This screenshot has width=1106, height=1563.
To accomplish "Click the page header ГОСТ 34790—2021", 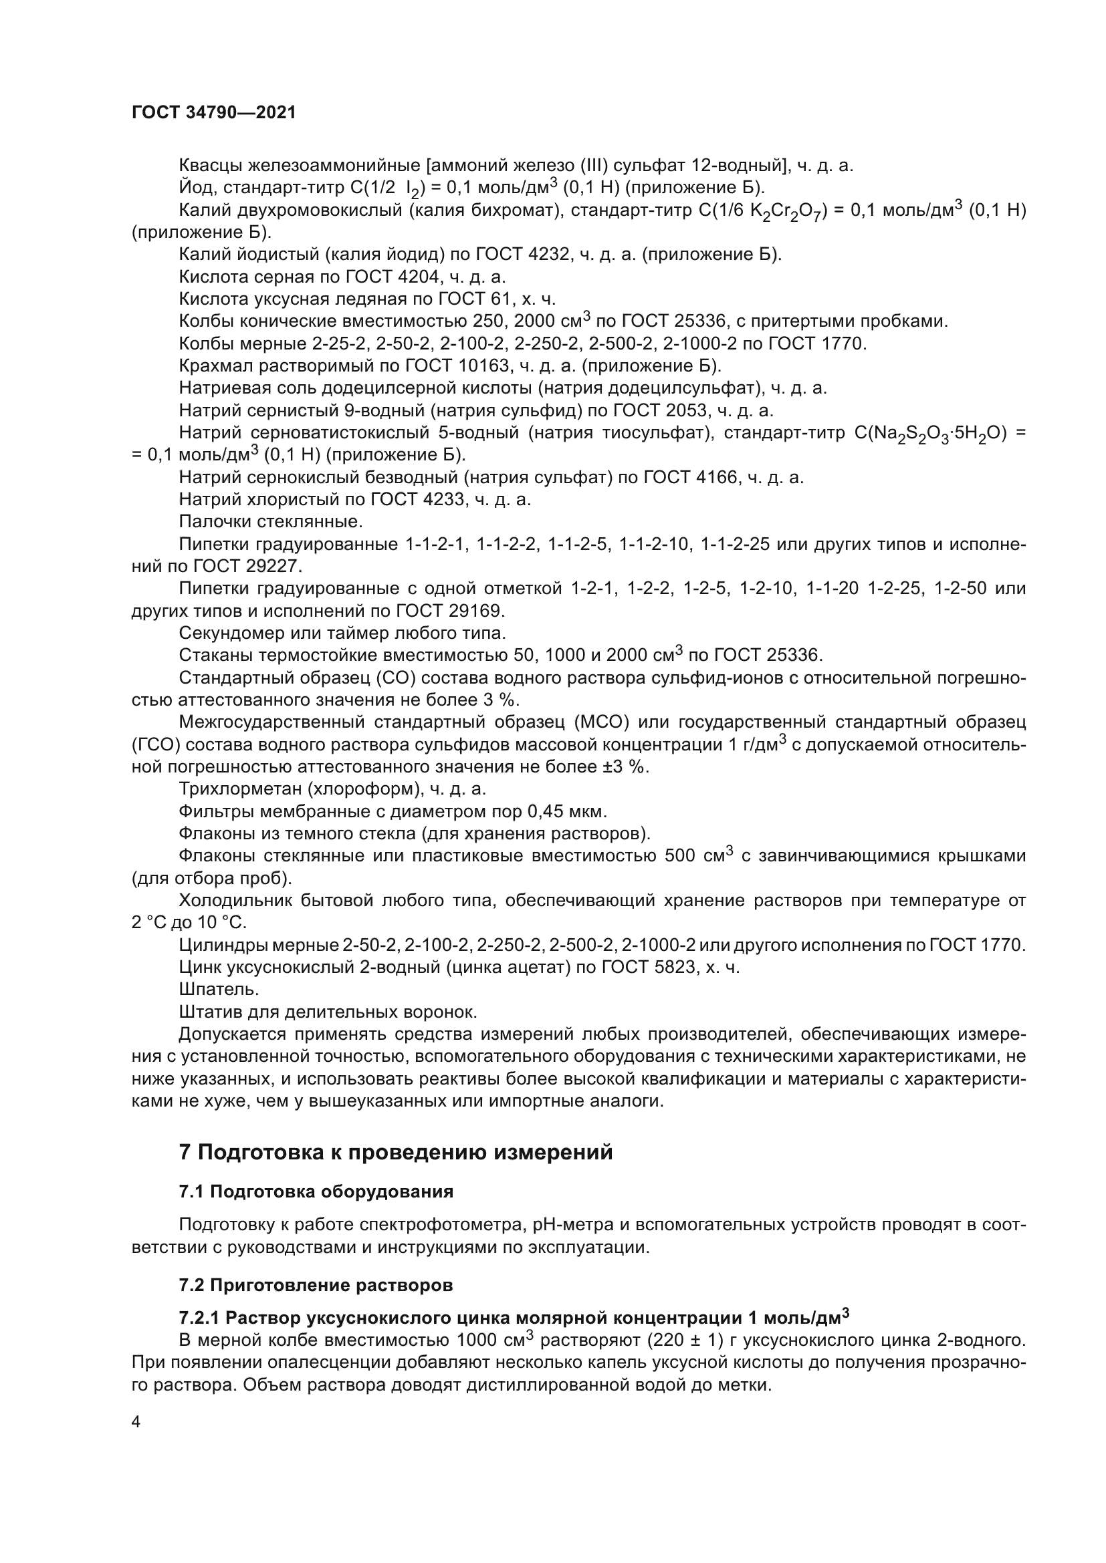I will click(x=214, y=112).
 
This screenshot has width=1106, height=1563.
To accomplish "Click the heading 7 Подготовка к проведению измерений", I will click(x=396, y=1153).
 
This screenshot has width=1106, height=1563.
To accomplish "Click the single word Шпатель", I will click(x=218, y=989).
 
